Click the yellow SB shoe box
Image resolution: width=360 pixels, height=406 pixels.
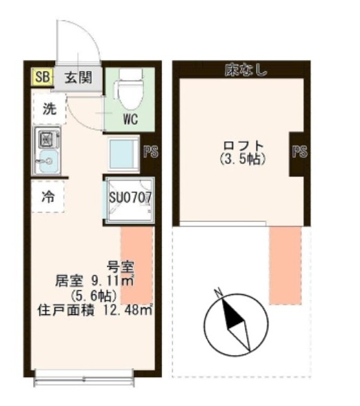[42, 77]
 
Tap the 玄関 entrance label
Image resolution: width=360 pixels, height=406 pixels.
[78, 77]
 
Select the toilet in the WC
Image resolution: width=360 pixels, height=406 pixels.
[130, 89]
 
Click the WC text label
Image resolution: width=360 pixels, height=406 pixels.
[130, 119]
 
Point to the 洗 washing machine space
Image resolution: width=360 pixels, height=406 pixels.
[50, 109]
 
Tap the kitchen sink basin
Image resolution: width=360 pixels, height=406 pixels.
[48, 162]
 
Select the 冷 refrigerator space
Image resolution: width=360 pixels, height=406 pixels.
[48, 197]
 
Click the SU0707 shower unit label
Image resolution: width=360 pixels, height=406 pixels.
[130, 199]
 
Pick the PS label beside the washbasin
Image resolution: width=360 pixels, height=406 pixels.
[150, 152]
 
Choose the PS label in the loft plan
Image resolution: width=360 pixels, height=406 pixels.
[299, 152]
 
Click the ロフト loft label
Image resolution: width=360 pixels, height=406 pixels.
[243, 146]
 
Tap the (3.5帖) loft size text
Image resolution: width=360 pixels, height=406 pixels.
[243, 159]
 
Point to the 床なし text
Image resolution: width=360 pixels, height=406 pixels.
[246, 70]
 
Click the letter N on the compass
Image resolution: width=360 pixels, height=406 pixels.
[219, 292]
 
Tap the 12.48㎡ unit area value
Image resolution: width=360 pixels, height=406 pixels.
[128, 310]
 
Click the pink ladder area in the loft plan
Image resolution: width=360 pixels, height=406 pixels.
[286, 265]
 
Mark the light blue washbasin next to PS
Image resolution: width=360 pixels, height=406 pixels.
[122, 154]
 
